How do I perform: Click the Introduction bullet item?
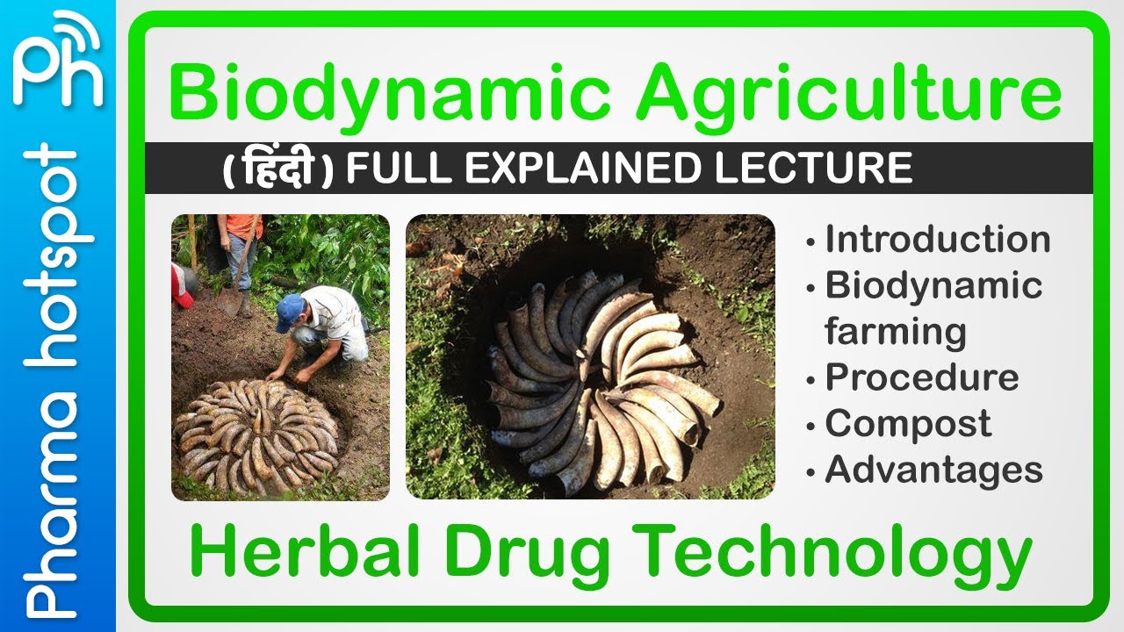937,240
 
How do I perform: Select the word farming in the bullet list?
895,332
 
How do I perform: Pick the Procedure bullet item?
921,377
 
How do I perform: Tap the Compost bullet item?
907,424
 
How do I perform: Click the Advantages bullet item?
933,470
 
